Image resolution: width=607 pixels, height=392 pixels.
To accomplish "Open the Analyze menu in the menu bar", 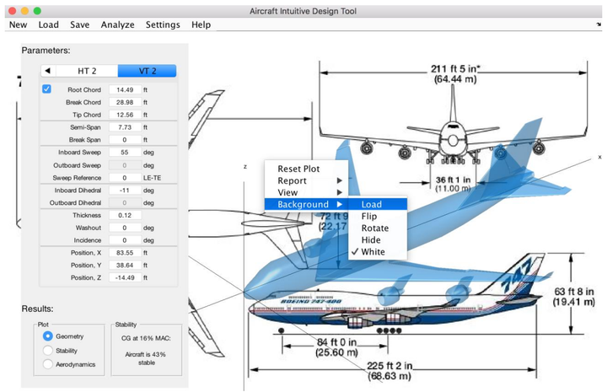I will click(117, 24).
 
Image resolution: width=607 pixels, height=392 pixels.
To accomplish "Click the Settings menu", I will click(163, 24).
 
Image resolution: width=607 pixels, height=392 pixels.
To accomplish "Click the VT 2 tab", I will click(147, 71).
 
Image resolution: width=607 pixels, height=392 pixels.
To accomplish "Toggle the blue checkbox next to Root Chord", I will click(46, 89).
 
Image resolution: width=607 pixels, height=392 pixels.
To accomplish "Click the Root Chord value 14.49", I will click(126, 89).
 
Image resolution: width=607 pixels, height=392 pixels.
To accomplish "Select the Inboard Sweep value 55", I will click(126, 153).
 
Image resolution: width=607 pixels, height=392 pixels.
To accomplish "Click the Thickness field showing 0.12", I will click(130, 216).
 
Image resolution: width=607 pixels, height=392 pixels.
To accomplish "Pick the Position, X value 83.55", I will click(126, 253).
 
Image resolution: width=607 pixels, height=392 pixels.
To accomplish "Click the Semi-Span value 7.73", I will click(126, 127).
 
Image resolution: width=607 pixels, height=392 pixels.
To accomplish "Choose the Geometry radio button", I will click(47, 336).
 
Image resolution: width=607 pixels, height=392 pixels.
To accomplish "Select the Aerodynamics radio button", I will click(47, 364).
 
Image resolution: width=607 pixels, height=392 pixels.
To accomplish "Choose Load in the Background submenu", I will click(372, 204).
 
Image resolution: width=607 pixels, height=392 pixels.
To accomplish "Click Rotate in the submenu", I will click(375, 228).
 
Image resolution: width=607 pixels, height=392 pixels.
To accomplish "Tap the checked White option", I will click(373, 251).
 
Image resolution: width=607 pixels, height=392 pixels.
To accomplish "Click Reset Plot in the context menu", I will click(298, 169).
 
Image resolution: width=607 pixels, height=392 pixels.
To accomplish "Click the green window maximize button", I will click(37, 9).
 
